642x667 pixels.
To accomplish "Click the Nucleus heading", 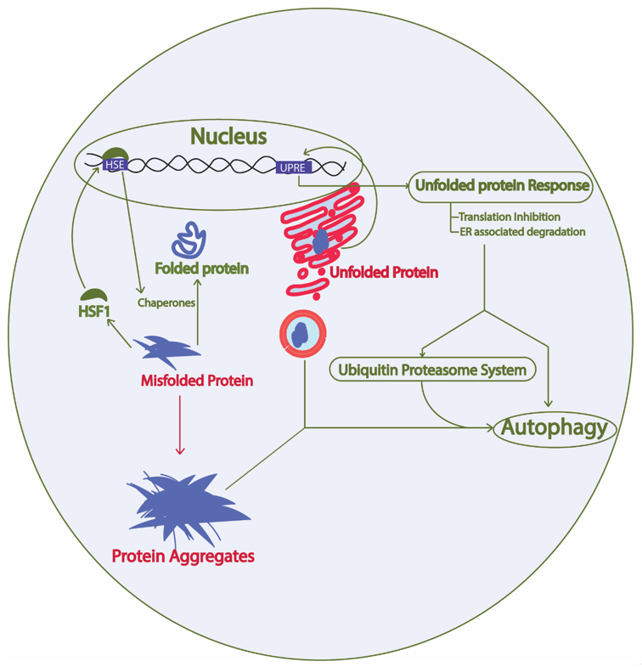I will [x=228, y=136].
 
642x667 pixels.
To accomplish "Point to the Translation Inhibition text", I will [x=509, y=217].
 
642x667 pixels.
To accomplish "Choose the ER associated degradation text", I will [x=521, y=231].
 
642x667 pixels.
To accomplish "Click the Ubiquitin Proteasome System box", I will [x=432, y=370].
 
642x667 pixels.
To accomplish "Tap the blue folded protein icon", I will [x=189, y=240].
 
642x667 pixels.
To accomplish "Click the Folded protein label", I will [x=201, y=268].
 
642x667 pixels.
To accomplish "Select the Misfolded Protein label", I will [x=196, y=380].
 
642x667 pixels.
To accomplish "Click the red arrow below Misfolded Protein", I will [x=179, y=425].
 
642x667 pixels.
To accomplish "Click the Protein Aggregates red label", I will [x=183, y=557].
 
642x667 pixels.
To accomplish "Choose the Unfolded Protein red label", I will [x=384, y=273].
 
